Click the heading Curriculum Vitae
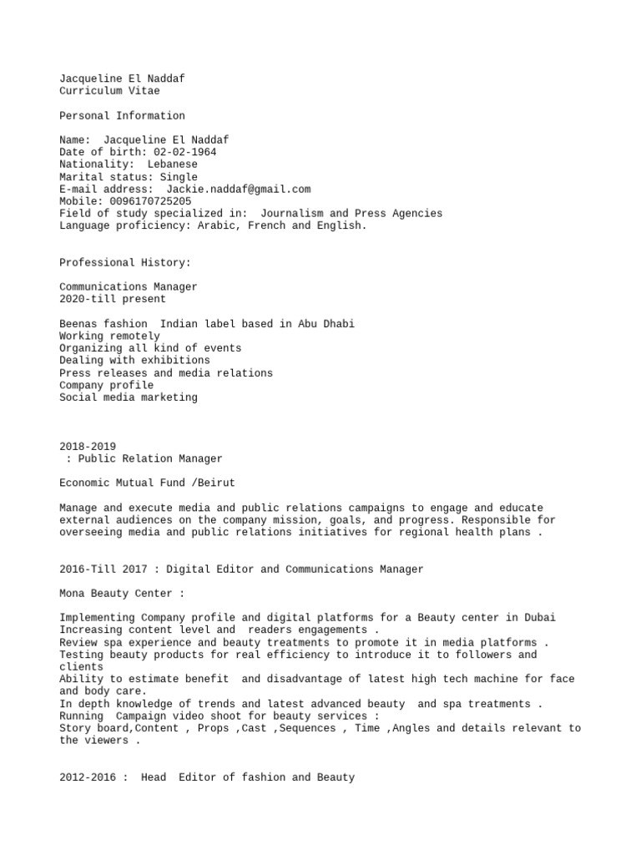[109, 90]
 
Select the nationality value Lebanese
[173, 164]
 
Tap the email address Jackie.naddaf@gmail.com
[239, 190]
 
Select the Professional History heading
[125, 262]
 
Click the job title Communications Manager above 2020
[129, 286]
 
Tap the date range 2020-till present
[113, 299]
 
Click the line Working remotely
[109, 336]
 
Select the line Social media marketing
[129, 397]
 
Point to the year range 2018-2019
[88, 447]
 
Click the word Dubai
[540, 617]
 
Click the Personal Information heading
[122, 115]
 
